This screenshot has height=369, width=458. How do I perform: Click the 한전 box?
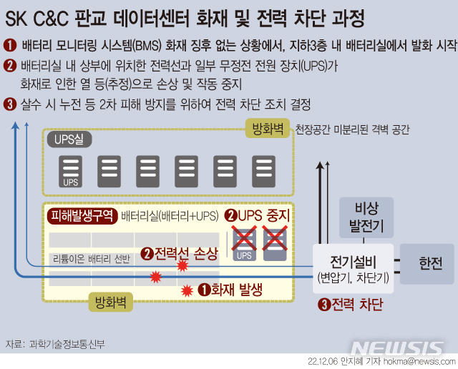[430, 264]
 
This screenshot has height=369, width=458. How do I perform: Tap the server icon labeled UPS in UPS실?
[70, 171]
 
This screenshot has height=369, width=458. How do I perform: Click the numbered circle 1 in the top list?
[10, 45]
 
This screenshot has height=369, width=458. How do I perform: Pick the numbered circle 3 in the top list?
[10, 104]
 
